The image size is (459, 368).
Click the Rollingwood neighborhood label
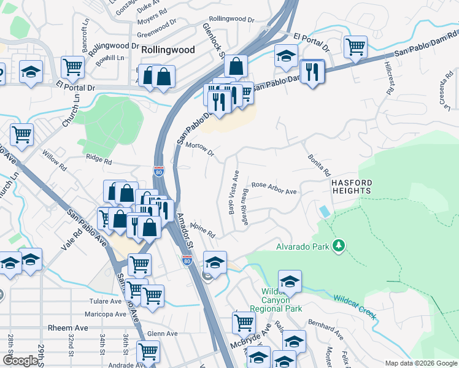click(168, 50)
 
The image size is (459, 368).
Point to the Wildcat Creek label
click(354, 307)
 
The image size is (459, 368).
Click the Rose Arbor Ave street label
click(274, 188)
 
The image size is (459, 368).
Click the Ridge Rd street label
click(99, 161)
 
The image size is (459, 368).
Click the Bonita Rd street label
click(319, 164)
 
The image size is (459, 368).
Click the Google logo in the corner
click(20, 361)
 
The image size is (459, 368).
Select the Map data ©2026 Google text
click(420, 363)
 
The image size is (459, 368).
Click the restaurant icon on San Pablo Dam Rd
click(313, 72)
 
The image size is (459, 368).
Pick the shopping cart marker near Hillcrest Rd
click(355, 47)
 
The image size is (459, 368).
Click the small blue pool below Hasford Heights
click(323, 211)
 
